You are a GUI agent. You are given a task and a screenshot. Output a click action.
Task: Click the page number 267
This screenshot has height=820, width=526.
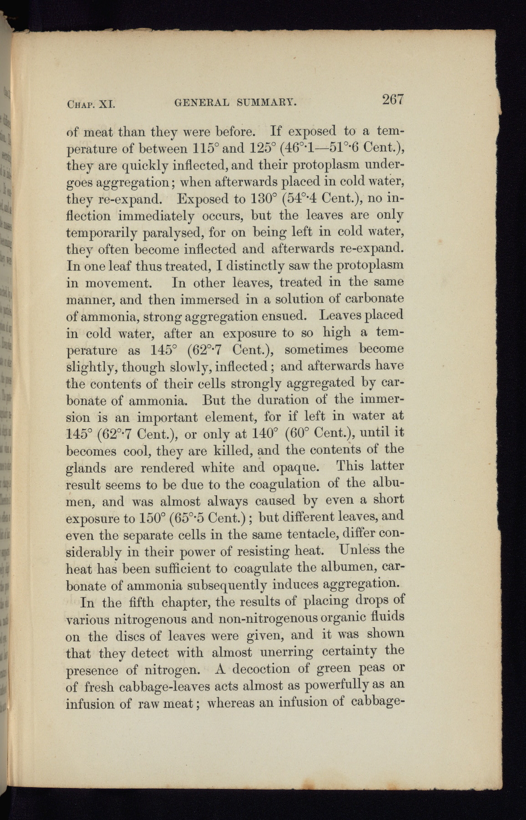[x=394, y=100]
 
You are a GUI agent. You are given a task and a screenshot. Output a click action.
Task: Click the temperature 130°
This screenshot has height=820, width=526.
[x=266, y=199]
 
